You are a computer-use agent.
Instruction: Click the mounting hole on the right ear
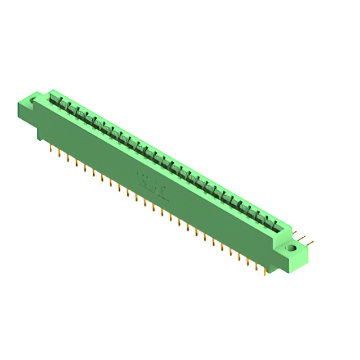click(291, 247)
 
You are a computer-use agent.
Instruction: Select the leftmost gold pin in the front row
click(51, 149)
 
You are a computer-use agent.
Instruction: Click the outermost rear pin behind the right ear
click(311, 243)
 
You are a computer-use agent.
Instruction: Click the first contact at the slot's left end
click(55, 101)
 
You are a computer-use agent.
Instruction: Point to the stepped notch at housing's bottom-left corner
click(41, 136)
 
